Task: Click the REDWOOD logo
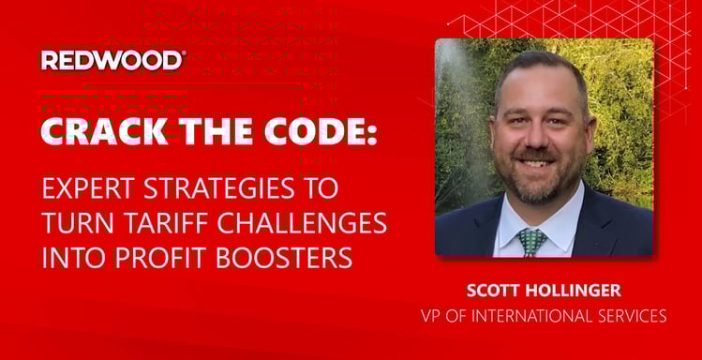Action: [112, 60]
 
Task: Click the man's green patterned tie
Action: [531, 242]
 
